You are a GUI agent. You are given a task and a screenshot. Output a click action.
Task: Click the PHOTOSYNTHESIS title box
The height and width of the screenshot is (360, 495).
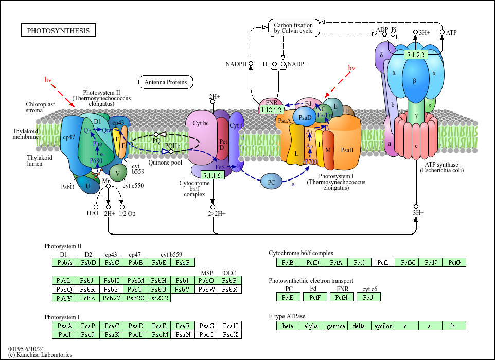click(x=58, y=31)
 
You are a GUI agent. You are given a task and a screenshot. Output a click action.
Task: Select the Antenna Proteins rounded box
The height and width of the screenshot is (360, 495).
click(x=166, y=82)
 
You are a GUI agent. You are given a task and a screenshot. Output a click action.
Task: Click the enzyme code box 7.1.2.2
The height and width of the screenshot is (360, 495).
click(x=415, y=55)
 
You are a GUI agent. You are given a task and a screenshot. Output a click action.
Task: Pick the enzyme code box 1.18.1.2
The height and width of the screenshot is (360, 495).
click(x=271, y=110)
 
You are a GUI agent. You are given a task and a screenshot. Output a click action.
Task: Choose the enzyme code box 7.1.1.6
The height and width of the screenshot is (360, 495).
click(x=212, y=175)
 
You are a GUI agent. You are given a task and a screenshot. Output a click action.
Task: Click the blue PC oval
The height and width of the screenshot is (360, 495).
click(x=271, y=182)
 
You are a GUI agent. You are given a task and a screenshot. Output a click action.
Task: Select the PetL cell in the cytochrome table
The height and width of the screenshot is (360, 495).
click(x=383, y=263)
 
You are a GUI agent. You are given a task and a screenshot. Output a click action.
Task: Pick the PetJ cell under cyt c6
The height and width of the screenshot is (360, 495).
click(x=368, y=297)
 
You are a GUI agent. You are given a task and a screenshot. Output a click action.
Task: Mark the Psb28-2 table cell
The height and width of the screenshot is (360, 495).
click(x=158, y=298)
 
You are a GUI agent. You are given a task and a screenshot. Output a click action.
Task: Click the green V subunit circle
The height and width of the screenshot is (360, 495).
click(x=118, y=173)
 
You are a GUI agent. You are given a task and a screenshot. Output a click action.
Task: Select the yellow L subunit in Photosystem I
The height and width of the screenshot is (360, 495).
click(x=296, y=153)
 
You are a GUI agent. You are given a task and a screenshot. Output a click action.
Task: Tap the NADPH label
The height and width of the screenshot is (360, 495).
click(x=236, y=64)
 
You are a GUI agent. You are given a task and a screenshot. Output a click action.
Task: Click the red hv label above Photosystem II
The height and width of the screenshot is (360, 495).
click(x=48, y=80)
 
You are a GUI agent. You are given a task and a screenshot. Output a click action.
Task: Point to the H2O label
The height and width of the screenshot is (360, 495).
click(x=93, y=213)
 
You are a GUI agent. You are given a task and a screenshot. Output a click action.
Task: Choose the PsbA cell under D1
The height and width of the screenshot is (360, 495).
click(x=64, y=263)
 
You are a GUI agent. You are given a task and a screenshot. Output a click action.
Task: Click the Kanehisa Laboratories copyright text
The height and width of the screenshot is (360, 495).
click(x=40, y=355)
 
